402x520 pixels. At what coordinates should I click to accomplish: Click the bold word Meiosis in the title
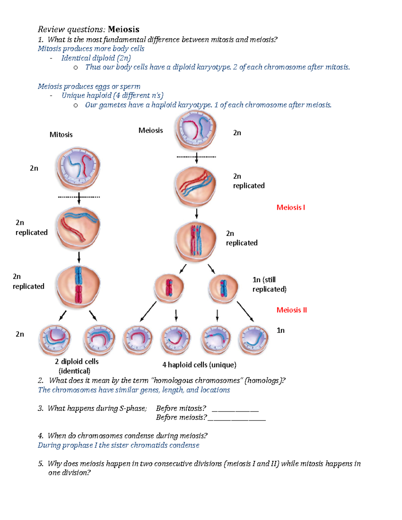[x=123, y=29]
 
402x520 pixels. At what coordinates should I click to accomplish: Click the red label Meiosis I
[x=290, y=208]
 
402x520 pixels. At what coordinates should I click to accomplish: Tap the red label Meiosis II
[x=291, y=310]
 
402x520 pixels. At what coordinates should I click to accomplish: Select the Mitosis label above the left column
[x=61, y=135]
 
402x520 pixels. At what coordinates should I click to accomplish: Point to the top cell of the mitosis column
[x=78, y=168]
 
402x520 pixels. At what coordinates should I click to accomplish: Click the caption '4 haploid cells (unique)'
[x=199, y=365]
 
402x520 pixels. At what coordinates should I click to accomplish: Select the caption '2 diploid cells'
[x=77, y=362]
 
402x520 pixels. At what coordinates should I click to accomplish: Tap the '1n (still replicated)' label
[x=269, y=284]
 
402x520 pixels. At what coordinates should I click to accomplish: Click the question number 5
[x=41, y=464]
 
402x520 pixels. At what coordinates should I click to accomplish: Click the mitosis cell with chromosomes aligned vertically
[x=78, y=286]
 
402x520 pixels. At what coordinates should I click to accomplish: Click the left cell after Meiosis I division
[x=169, y=288]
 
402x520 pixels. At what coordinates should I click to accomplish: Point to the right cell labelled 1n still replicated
[x=223, y=288]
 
